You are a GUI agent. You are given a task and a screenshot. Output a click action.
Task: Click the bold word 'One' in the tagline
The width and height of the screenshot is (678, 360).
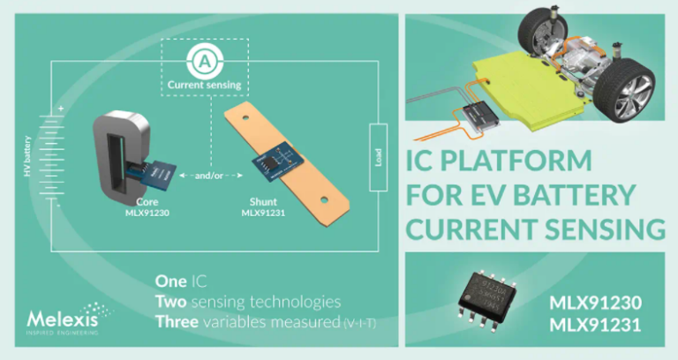click(x=170, y=281)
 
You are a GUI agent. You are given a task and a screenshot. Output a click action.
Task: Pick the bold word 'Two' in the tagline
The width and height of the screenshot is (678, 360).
click(x=171, y=302)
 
